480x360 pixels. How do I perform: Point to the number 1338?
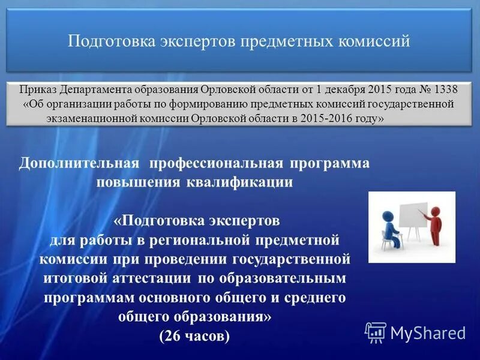[445, 90]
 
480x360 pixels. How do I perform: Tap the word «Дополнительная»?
[80, 164]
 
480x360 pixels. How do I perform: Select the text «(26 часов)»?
[194, 336]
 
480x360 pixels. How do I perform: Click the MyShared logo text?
[427, 332]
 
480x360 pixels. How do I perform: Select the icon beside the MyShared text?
[376, 332]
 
